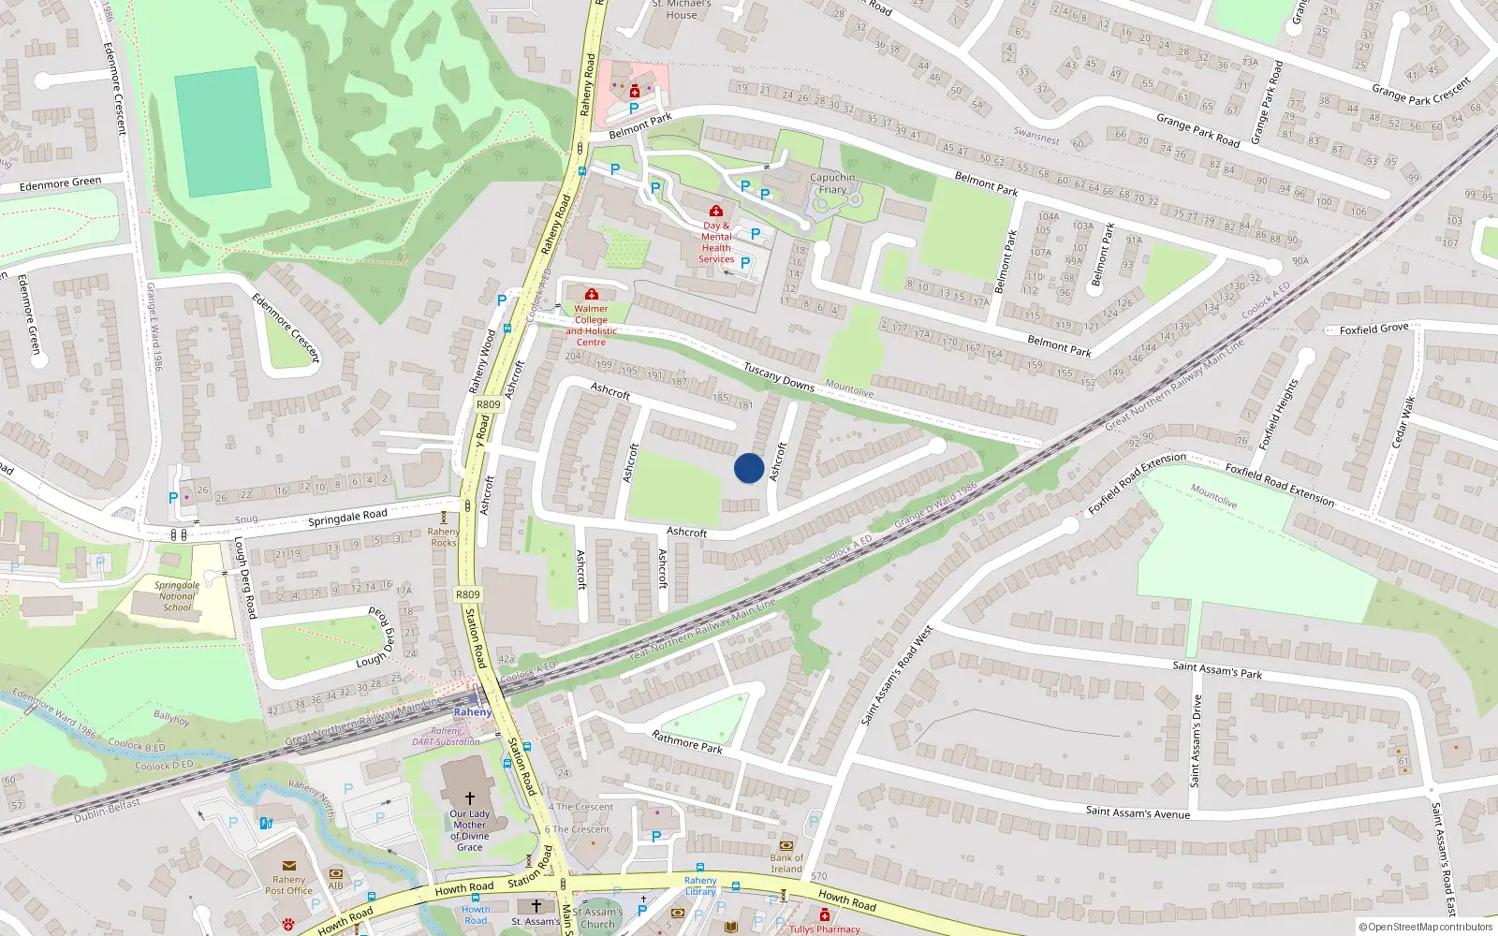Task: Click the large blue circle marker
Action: click(749, 468)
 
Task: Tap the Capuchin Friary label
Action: click(832, 183)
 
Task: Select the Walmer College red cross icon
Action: click(592, 294)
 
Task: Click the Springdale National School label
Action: click(177, 596)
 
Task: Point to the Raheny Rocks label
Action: click(444, 537)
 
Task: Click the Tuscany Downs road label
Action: click(779, 376)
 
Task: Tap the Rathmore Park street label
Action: click(687, 742)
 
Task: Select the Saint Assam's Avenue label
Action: click(1138, 812)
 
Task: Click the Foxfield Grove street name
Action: click(1373, 329)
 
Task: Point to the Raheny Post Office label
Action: click(288, 885)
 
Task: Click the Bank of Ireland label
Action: click(786, 863)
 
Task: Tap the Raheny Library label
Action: click(700, 885)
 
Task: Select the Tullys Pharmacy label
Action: click(824, 929)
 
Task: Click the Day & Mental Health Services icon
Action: click(716, 211)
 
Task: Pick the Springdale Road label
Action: click(347, 517)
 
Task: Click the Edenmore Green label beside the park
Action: click(60, 184)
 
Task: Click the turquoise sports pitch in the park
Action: click(223, 132)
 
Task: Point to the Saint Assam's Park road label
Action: click(1217, 670)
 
